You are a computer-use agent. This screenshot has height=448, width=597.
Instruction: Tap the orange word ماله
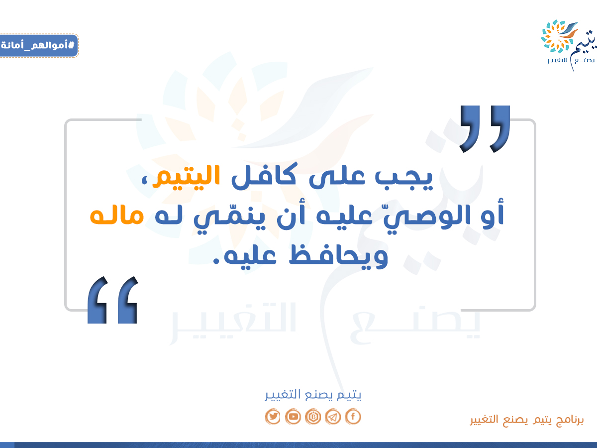[x=117, y=216]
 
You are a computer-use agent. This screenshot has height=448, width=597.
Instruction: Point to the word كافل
[x=264, y=176]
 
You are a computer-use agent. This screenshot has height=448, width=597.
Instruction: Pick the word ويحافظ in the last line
[x=338, y=256]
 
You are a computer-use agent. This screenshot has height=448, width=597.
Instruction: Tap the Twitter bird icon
[x=273, y=416]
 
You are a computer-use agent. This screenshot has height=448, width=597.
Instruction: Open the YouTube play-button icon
[x=293, y=416]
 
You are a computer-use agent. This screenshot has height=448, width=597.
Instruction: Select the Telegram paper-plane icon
[x=333, y=416]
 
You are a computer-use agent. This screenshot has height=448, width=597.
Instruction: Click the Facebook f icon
[x=353, y=416]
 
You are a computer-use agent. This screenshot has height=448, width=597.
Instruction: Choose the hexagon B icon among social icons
[x=313, y=416]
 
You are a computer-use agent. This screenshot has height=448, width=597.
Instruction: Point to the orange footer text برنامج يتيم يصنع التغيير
[x=527, y=420]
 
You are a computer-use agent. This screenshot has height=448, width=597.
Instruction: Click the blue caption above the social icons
[x=313, y=395]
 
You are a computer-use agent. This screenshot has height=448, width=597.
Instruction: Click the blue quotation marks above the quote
[x=485, y=129]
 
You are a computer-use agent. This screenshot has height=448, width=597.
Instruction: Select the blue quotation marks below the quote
[x=112, y=300]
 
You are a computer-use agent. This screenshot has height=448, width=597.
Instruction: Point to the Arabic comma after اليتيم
[x=145, y=181]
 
